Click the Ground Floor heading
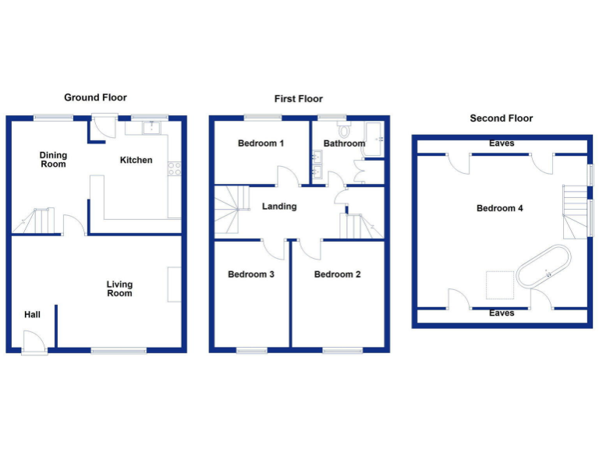[x=95, y=97]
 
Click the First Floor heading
[x=298, y=99]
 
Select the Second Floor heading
[x=501, y=118]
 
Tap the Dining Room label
[x=54, y=160]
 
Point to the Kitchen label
[x=136, y=161]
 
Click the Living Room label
[x=119, y=288]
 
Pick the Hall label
[x=32, y=314]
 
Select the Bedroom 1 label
[x=261, y=143]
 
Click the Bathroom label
[x=344, y=143]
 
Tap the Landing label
[x=279, y=207]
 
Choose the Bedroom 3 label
[x=250, y=274]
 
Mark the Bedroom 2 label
[x=337, y=274]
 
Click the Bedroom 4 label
[x=499, y=208]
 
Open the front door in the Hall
[x=34, y=342]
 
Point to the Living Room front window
[x=118, y=351]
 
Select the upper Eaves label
[x=502, y=143]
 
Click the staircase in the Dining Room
[x=37, y=221]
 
